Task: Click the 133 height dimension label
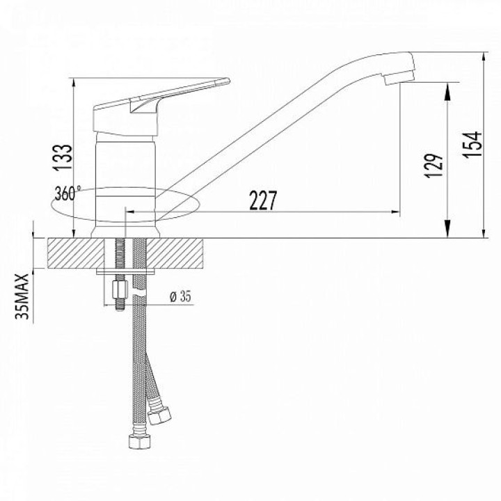coord(63,158)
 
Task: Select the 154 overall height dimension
coord(472,144)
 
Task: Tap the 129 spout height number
coord(434,166)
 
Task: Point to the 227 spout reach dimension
coord(263,200)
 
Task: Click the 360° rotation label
coord(67,193)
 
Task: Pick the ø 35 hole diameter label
coord(180,297)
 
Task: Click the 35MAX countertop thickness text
coord(23,296)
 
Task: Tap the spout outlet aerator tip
coord(399,78)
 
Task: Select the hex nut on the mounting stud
coord(120,289)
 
